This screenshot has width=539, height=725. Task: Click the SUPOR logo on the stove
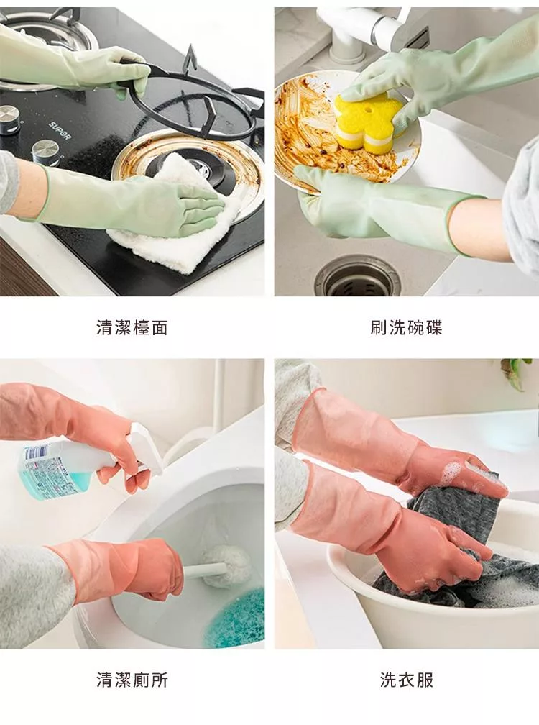(60, 132)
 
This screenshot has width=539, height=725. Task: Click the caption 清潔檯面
(132, 328)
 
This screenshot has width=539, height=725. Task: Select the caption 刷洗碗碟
(407, 328)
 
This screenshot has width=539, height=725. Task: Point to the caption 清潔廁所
(132, 680)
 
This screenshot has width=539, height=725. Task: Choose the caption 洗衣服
(407, 680)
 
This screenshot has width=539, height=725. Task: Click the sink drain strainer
(357, 277)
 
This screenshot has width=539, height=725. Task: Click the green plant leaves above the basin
(517, 373)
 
